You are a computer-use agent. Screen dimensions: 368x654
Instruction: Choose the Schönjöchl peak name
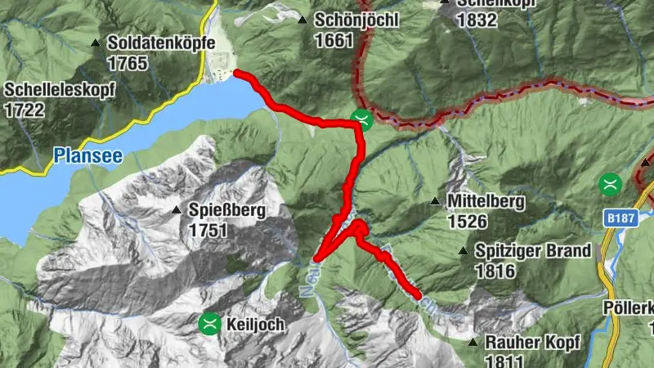point(358,20)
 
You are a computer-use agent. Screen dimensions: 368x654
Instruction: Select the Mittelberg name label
point(486,201)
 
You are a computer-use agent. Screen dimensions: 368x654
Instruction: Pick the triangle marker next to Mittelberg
point(435,201)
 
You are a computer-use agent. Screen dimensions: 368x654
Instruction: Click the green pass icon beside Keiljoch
point(210,324)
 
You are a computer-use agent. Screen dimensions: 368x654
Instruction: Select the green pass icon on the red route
point(361,119)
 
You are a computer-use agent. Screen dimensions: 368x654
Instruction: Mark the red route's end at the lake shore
point(237,74)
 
